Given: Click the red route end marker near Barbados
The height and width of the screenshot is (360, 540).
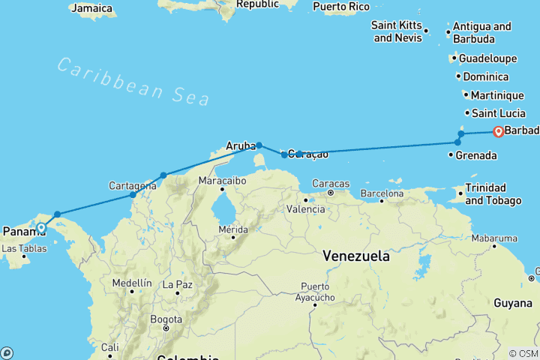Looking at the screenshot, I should [498, 133].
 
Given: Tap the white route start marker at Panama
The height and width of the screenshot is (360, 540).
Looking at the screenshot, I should [41, 228].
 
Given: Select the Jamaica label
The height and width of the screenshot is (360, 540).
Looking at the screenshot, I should [91, 9].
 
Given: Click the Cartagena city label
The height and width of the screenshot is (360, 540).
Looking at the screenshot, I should [132, 185].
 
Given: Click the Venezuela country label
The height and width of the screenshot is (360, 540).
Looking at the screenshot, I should [355, 256].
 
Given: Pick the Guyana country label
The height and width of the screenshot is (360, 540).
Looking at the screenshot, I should [512, 301].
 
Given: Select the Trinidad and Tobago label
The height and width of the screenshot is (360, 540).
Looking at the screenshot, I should [493, 194].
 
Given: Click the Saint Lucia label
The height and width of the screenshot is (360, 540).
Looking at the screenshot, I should [498, 113].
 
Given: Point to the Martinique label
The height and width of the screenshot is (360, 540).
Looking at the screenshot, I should [496, 95].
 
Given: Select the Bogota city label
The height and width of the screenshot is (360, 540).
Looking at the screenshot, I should [165, 319].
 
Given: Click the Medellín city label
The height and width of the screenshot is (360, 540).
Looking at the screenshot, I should [131, 283].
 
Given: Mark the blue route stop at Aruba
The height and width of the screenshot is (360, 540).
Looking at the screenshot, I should [259, 145].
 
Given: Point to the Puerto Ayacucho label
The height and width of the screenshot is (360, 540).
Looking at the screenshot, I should [315, 292].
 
